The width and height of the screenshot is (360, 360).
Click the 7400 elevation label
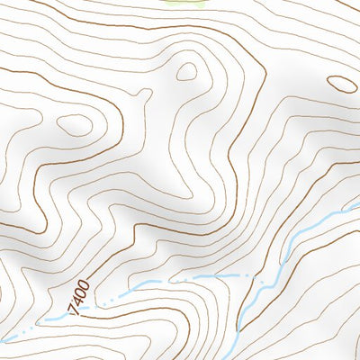point(79,297)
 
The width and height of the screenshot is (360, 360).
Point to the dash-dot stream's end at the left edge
point(3,340)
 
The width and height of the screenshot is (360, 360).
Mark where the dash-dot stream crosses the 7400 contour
point(90,306)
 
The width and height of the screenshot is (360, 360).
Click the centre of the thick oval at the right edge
point(342,84)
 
